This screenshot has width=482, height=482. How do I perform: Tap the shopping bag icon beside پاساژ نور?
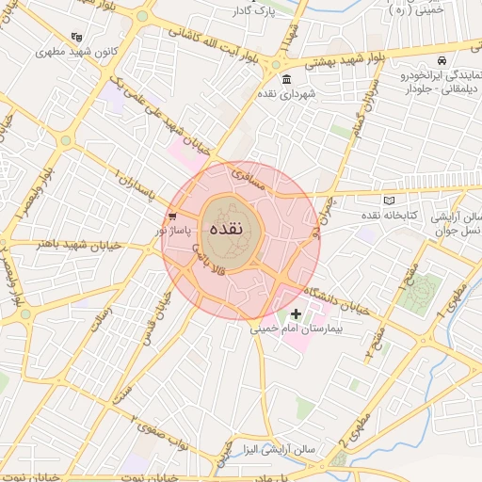tap(171, 216)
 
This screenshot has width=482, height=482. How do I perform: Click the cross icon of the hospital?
tap(296, 313)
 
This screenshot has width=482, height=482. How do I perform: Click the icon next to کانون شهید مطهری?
tap(76, 36)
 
